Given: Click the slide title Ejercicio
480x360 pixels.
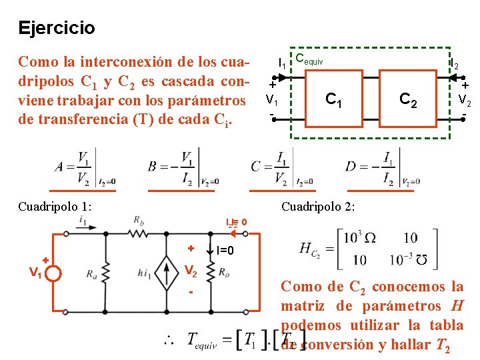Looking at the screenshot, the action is [x=57, y=28].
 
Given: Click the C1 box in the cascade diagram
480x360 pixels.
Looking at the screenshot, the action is [x=333, y=101].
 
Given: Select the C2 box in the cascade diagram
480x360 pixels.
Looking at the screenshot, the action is [x=408, y=101].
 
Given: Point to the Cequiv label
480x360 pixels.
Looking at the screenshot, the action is [x=309, y=60].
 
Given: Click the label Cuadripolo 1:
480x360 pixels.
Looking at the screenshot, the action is [x=55, y=206].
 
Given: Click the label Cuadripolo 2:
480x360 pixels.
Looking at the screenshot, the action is [x=318, y=206].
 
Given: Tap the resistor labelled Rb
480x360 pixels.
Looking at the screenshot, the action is [x=139, y=233].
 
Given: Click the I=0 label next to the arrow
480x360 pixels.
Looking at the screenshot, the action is [x=225, y=251].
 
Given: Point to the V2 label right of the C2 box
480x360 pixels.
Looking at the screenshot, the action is [x=465, y=101].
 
